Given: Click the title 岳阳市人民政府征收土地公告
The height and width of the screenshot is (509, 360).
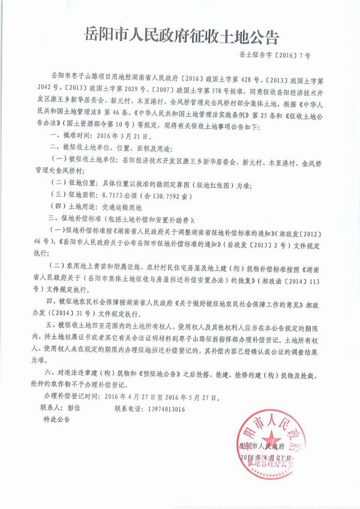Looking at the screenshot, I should click(x=179, y=37).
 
